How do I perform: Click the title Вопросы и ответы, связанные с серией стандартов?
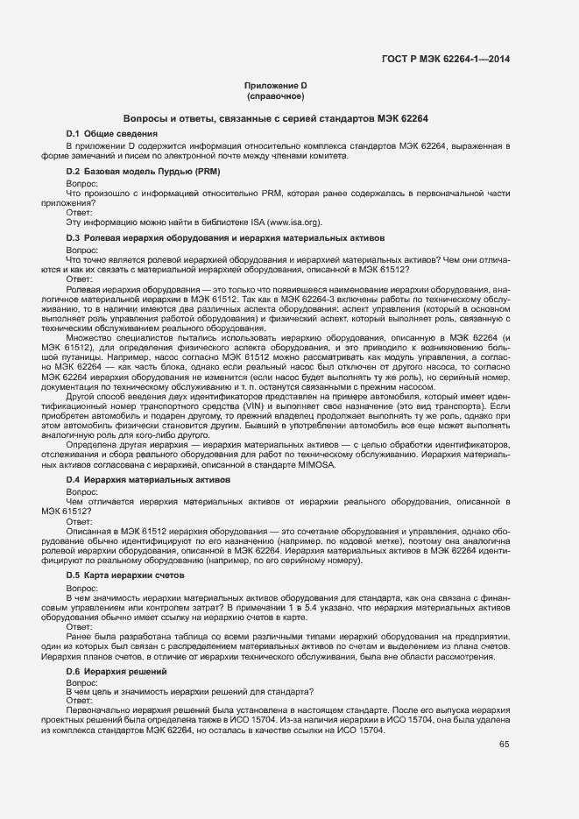(274, 117)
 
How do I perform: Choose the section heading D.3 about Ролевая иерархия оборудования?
(225, 238)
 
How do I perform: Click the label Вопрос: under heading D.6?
(82, 681)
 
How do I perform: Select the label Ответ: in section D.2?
(80, 212)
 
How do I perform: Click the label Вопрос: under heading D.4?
(82, 492)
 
